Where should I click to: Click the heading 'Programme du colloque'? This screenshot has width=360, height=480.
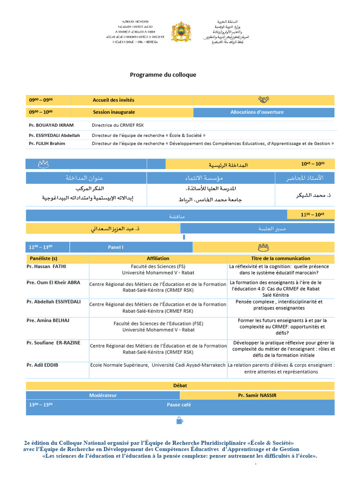(163, 75)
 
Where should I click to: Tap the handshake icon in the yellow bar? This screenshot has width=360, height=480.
(263, 100)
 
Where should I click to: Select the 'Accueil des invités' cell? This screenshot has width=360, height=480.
(113, 100)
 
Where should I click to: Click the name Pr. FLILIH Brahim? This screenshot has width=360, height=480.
(47, 143)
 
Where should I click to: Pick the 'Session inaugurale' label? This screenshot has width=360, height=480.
(114, 112)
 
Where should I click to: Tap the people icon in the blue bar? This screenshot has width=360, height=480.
(44, 164)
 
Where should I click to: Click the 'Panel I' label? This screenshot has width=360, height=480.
(115, 247)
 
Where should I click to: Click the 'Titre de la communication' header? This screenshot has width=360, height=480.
(281, 258)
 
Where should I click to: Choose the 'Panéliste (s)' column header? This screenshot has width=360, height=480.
(44, 258)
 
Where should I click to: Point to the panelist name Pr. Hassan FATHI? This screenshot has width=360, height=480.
(46, 266)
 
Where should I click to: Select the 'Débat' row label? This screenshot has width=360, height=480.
(180, 385)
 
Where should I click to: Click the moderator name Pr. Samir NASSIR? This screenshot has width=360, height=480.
(257, 395)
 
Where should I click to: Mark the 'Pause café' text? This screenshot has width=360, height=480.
(179, 404)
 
